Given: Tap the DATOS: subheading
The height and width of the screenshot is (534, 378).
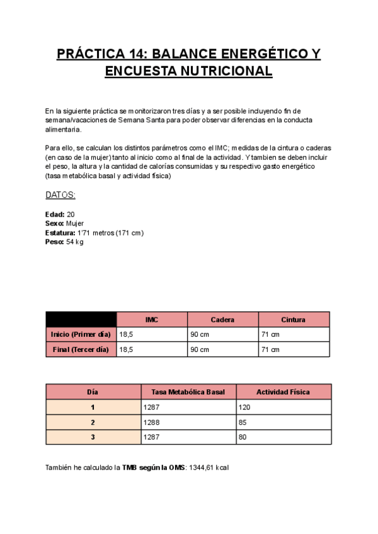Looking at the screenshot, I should tap(60, 195).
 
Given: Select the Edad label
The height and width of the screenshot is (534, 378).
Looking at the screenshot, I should tap(55, 215).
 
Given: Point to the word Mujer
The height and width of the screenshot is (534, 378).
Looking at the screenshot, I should tap(75, 224).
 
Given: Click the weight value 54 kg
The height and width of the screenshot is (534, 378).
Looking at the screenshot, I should tap(75, 242).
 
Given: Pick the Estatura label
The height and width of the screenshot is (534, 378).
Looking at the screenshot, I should tap(60, 233).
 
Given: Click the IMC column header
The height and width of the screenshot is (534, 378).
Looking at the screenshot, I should tap(152, 320).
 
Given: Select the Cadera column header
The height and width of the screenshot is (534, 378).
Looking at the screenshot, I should tap(222, 320).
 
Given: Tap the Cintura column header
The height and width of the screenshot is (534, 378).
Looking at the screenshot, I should tap(294, 320).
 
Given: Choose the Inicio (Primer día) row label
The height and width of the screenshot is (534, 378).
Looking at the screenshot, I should tap(80, 334).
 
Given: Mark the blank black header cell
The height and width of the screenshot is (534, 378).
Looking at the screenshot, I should tap(81, 319).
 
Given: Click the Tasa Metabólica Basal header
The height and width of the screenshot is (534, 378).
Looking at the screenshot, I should tap(188, 392).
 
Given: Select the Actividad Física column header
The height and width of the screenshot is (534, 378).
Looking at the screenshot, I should tap(283, 392).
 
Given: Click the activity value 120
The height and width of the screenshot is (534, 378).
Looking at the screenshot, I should tap(244, 407).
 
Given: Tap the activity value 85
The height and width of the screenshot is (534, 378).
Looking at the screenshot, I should tap(243, 423).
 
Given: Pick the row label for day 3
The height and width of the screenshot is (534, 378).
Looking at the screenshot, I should tap(93, 437).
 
